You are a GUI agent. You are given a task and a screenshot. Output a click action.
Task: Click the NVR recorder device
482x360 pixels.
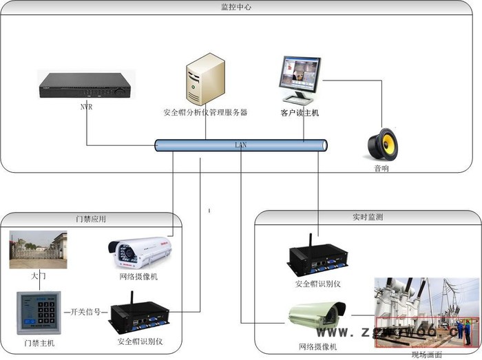pyautogui.click(x=85, y=85)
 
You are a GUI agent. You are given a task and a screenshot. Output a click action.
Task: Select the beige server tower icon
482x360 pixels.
pyautogui.click(x=204, y=80)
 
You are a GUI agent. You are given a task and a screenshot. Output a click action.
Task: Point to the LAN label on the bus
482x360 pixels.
pyautogui.click(x=240, y=145)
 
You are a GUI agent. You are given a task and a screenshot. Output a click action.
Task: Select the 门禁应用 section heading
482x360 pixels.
pyautogui.click(x=91, y=219)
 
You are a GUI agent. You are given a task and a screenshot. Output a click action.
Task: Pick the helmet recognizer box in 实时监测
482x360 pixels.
pyautogui.click(x=318, y=258)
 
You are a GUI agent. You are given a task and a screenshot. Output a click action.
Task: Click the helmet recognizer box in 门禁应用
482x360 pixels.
pyautogui.click(x=140, y=317)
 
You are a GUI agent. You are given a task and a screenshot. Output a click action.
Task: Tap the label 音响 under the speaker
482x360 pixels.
pyautogui.click(x=381, y=168)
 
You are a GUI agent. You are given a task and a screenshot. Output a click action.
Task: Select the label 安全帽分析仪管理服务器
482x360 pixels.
pyautogui.click(x=205, y=112)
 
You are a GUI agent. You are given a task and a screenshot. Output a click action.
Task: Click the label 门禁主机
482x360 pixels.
pyautogui.click(x=39, y=343)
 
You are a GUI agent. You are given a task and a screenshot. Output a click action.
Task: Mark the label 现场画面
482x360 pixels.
pyautogui.click(x=425, y=354)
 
